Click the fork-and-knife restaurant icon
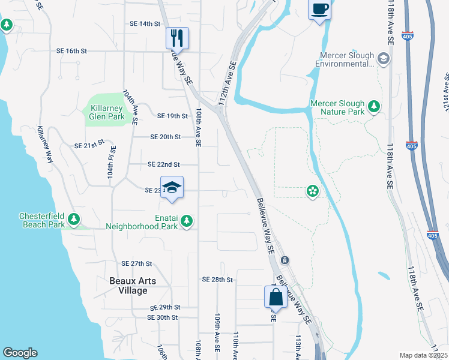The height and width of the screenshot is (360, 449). [177, 38]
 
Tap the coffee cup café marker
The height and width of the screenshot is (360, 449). [319, 10]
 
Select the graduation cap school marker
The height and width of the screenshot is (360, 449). [172, 187]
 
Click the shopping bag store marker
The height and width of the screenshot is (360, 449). [276, 296]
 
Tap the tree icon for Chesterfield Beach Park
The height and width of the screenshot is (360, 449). [74, 220]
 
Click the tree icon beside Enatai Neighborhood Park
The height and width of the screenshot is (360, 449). [187, 221]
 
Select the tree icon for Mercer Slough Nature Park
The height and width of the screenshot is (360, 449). [375, 106]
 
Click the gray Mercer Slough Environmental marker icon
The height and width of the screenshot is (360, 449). [384, 59]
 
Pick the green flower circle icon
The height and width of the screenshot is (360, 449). [312, 191]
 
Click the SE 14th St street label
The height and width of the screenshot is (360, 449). [145, 24]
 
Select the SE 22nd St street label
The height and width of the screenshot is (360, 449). [163, 164]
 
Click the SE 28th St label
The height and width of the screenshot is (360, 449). [217, 280]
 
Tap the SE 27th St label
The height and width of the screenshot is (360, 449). [137, 263]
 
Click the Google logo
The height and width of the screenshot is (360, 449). [20, 353]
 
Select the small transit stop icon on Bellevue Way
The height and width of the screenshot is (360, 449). [285, 260]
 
